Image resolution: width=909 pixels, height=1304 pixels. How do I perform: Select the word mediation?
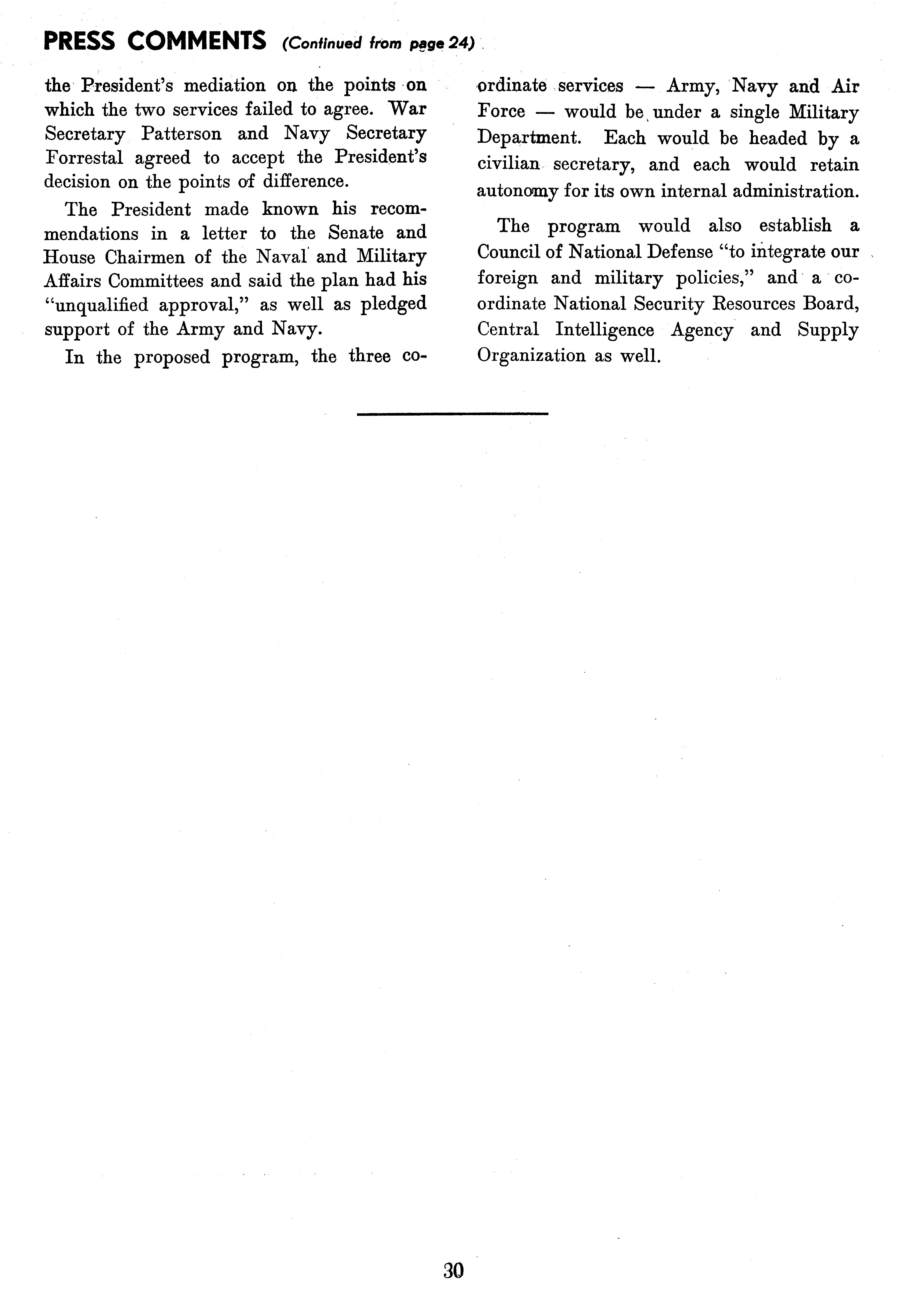[x=224, y=85]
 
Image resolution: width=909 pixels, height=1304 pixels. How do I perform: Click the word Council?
[x=506, y=252]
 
